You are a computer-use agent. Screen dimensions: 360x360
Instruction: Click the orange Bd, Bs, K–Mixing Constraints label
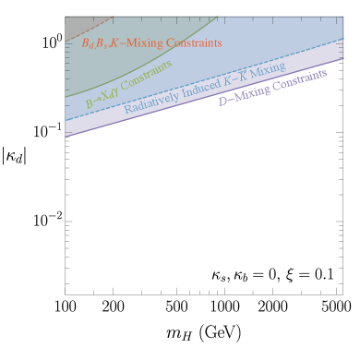151,42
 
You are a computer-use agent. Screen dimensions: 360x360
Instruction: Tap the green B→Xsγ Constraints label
128,84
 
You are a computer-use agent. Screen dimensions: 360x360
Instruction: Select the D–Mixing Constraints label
272,87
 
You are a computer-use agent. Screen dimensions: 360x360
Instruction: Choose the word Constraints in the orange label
195,43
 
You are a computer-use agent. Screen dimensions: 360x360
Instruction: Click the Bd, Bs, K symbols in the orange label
100,42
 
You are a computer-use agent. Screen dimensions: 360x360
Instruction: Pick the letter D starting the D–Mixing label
222,101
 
